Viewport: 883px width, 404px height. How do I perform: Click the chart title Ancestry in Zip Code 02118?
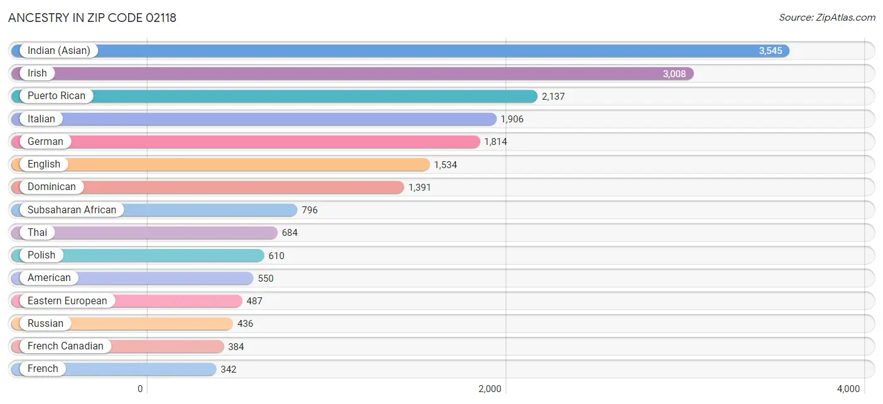click(92, 18)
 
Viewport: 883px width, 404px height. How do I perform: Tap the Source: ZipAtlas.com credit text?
click(827, 18)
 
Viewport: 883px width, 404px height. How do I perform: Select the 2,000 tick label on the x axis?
click(490, 389)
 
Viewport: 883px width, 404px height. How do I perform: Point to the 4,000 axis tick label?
click(848, 389)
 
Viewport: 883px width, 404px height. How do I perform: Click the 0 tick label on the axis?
click(140, 389)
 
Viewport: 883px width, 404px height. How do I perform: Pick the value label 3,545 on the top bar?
click(770, 51)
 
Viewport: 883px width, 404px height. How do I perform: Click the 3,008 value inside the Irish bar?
click(674, 73)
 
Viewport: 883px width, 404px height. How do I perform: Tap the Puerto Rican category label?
click(57, 96)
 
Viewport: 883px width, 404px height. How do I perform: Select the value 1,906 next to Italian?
click(512, 119)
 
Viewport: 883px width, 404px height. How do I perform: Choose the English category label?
click(44, 164)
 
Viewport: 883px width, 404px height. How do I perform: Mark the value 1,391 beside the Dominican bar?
click(420, 187)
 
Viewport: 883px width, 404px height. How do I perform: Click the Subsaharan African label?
click(72, 210)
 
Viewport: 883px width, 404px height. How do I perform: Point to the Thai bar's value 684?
click(290, 233)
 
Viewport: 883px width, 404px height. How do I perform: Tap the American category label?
click(49, 278)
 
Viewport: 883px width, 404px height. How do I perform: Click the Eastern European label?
click(67, 300)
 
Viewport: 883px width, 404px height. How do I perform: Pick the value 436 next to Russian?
click(245, 324)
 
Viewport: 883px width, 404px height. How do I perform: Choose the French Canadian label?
click(65, 346)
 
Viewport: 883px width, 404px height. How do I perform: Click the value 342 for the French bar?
click(228, 369)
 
